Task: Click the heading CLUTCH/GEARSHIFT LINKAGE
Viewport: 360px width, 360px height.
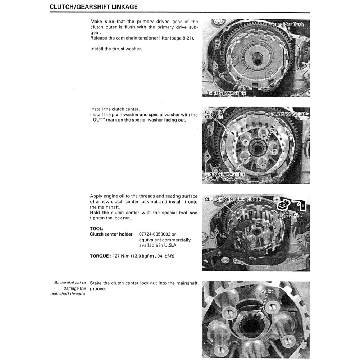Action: (x=94, y=7)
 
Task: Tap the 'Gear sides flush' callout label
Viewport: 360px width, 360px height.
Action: (x=287, y=24)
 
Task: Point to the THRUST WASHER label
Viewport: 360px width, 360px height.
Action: (x=226, y=94)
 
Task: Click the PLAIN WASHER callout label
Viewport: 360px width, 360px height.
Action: (x=288, y=114)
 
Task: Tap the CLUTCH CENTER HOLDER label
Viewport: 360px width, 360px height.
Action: (x=233, y=199)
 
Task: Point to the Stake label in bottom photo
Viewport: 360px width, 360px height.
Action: (x=267, y=291)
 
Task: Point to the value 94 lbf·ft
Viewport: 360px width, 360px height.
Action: (x=164, y=256)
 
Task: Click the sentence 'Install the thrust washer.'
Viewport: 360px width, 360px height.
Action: (x=116, y=49)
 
